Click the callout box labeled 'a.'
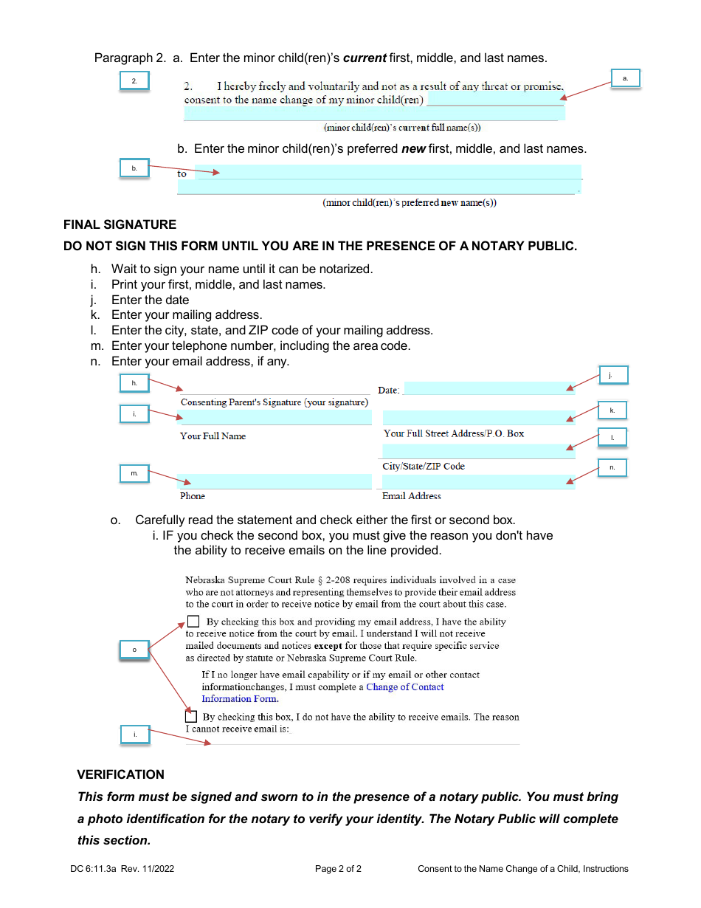click(x=625, y=78)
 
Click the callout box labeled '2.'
click(x=134, y=80)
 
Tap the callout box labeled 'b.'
click(x=134, y=168)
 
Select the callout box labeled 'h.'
click(x=134, y=383)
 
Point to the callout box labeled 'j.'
click(x=612, y=375)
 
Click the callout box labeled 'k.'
click(x=612, y=410)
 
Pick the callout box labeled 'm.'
click(x=134, y=473)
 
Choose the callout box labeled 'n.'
click(x=612, y=467)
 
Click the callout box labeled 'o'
click(x=134, y=650)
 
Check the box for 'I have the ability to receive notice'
click(x=193, y=621)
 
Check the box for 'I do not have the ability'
click(x=191, y=716)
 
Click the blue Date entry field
click(x=488, y=388)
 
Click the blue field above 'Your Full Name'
click(x=275, y=418)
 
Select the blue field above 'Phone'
click(x=275, y=481)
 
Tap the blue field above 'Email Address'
click(x=478, y=482)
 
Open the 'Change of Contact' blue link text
click(x=404, y=687)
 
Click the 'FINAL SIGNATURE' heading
click(x=120, y=224)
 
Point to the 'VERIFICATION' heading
click(x=121, y=774)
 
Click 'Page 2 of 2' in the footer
click(x=338, y=869)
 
